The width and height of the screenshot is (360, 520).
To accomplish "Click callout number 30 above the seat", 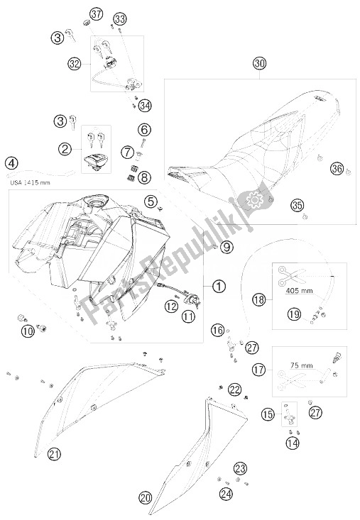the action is click(260, 63).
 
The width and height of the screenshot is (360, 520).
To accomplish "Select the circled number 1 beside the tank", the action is click(219, 286).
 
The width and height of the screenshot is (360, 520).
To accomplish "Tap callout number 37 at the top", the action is click(97, 14).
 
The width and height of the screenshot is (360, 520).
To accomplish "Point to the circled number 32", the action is click(75, 63).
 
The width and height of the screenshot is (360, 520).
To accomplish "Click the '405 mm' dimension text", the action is click(299, 291).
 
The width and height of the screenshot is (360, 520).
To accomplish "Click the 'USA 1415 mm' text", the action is click(30, 182).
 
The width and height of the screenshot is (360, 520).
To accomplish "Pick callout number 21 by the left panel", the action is click(55, 454).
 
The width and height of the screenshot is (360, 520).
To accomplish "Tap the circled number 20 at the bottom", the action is click(146, 498).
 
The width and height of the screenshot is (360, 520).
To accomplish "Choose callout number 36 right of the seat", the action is click(337, 169).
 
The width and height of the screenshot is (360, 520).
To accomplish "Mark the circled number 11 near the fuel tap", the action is click(188, 316).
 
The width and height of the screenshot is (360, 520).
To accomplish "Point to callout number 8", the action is click(145, 177).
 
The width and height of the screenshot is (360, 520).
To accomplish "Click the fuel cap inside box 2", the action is click(96, 163).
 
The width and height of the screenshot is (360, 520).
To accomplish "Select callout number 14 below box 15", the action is click(293, 443).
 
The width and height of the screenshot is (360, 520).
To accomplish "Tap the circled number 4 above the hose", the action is click(12, 163).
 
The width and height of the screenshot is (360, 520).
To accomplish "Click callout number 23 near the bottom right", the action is click(240, 469).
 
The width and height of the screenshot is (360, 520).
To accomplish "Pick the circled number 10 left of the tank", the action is click(29, 331).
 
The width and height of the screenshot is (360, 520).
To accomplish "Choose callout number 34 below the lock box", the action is click(145, 106).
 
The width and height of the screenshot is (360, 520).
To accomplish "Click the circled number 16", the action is click(218, 330).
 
